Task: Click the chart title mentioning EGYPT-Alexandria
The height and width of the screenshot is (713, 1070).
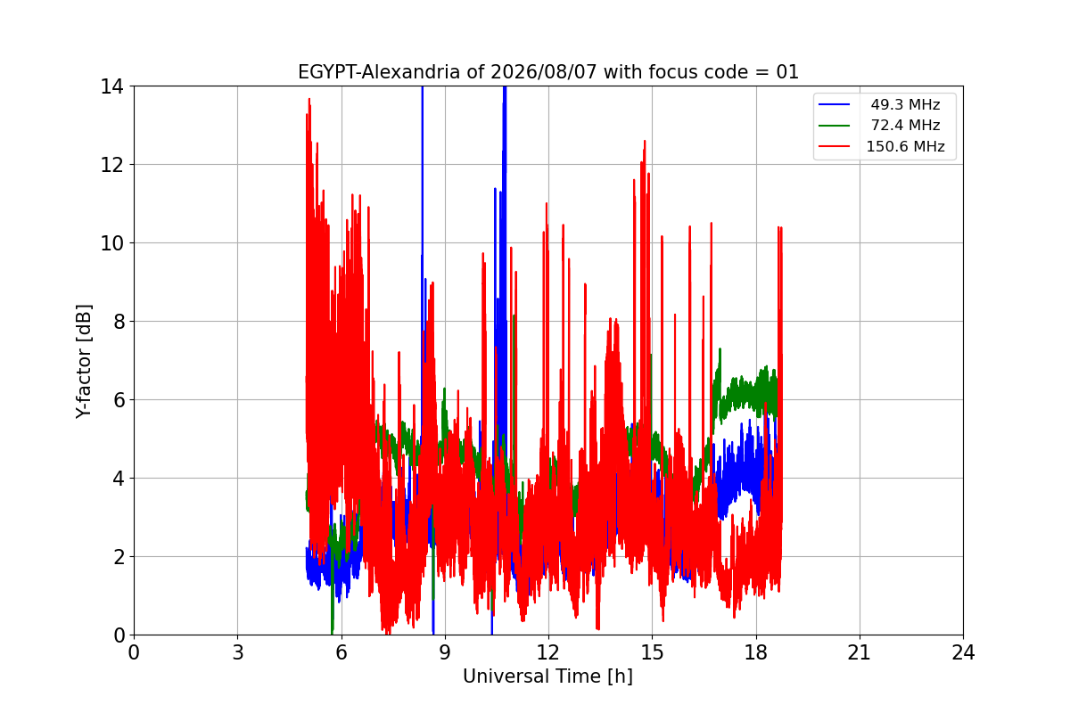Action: point(547,72)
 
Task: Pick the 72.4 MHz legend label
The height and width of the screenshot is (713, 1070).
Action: point(905,125)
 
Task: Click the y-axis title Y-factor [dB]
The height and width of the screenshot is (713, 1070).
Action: point(84,361)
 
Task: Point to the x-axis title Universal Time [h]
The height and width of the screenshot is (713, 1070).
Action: point(547,676)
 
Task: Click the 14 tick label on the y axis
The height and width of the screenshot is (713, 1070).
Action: point(111,87)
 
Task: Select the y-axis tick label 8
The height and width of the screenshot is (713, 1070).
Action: point(119,322)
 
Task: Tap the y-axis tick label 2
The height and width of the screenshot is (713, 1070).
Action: point(119,557)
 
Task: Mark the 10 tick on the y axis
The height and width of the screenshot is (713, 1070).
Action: point(111,243)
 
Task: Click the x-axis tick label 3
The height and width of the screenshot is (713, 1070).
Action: point(238,652)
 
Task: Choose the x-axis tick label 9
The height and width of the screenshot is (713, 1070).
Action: point(445,652)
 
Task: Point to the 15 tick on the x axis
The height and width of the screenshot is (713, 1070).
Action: point(653,652)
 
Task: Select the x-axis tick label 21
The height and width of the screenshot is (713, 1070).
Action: point(860,652)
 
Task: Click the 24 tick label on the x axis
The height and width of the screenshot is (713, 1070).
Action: point(963,652)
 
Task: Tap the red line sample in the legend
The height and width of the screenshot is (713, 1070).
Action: point(834,146)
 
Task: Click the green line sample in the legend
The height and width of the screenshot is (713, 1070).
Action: point(834,126)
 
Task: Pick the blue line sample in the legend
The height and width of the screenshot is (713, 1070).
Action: point(834,104)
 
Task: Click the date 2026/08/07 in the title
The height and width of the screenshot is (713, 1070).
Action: point(544,72)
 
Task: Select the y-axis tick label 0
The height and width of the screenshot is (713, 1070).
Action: point(119,635)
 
